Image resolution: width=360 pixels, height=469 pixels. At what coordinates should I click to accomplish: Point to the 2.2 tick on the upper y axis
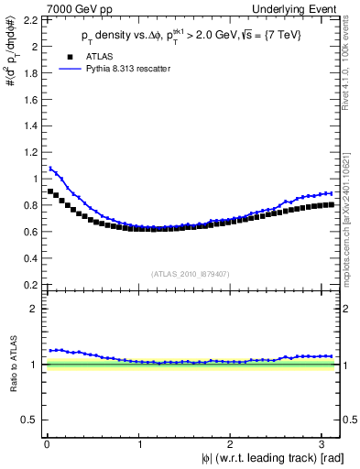coord(32,20)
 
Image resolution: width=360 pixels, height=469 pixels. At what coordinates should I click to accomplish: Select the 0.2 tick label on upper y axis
coord(32,285)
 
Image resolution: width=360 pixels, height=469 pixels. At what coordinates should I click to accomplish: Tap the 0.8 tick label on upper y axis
coord(32,205)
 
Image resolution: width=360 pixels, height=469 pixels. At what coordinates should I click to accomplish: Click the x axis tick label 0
coord(46,444)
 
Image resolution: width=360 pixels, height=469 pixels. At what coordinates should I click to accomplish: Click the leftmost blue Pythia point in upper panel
coord(50,168)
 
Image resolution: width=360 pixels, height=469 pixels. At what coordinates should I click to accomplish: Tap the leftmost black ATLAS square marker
coord(50,191)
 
